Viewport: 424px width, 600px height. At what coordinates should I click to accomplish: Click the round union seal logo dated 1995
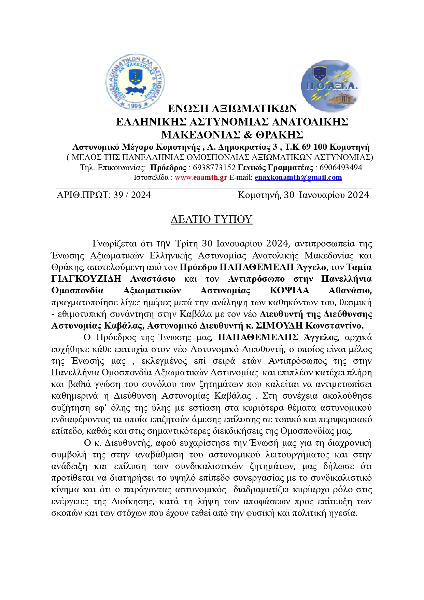point(135,81)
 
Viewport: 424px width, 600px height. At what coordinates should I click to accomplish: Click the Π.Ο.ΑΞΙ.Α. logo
point(330,86)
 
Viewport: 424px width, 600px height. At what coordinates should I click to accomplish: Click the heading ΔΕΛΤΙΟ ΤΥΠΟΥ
point(211,219)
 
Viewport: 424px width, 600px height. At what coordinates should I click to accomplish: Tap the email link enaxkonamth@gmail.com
point(298,177)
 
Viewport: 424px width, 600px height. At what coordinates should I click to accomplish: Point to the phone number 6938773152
point(214,168)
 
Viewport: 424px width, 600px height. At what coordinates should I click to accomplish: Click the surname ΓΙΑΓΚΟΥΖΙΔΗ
point(86,279)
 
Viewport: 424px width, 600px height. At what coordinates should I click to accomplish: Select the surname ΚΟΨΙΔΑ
point(289,291)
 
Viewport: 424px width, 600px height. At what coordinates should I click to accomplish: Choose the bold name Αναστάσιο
point(153,279)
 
